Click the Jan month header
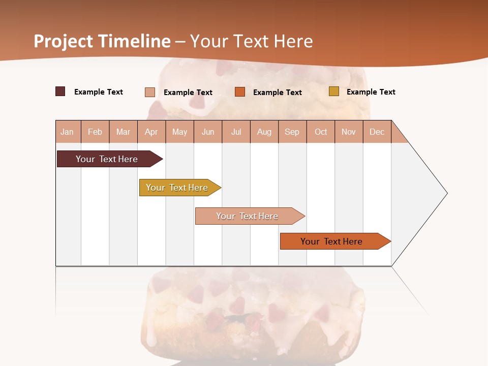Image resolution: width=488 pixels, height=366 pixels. click(67, 132)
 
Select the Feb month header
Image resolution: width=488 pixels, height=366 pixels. click(95, 132)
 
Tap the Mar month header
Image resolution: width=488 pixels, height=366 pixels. click(123, 132)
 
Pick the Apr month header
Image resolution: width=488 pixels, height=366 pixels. click(151, 132)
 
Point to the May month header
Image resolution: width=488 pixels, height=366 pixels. click(179, 132)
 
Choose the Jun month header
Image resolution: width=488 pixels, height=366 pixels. click(208, 132)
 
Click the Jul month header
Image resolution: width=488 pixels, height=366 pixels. click(236, 132)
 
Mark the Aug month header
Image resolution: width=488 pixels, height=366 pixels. click(264, 132)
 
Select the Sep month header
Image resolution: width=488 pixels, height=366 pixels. click(292, 132)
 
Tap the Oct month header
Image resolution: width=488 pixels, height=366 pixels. click(321, 132)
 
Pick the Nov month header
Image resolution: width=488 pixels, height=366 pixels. click(349, 132)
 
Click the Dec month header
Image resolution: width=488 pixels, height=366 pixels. click(377, 132)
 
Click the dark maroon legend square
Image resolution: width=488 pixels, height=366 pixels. click(60, 91)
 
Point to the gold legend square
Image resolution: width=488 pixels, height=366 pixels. click(334, 91)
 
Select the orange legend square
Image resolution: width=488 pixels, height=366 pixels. click(240, 91)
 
